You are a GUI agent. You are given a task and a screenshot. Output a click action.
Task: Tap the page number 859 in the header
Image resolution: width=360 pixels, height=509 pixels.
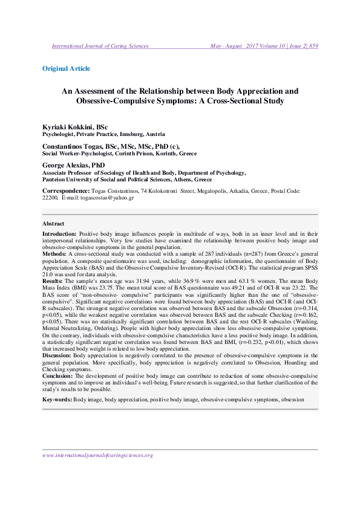[x=313, y=45]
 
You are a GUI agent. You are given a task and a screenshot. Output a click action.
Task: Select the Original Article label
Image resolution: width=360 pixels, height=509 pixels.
[x=66, y=69]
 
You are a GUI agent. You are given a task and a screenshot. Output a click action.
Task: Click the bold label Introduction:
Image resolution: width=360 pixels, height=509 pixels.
[x=59, y=233]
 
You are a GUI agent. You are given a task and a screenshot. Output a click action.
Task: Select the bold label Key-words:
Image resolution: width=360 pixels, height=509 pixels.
[x=57, y=400]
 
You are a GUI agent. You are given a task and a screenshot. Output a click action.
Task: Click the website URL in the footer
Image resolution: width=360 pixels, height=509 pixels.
[x=97, y=455]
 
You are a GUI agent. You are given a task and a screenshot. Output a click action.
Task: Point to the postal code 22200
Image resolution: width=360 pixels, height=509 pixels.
[x=50, y=197]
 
